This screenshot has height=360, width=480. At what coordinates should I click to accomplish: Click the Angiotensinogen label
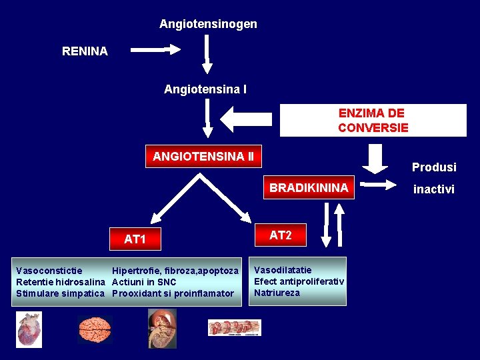pyautogui.click(x=208, y=24)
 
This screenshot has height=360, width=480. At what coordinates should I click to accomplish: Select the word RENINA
pyautogui.click(x=85, y=51)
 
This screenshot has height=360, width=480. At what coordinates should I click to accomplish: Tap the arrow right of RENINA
pyautogui.click(x=155, y=49)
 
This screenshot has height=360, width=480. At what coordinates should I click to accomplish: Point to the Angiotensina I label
pyautogui.click(x=205, y=89)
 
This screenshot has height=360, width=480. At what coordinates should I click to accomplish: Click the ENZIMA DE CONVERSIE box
pyautogui.click(x=373, y=120)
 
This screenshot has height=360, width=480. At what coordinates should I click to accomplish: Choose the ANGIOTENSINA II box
pyautogui.click(x=203, y=157)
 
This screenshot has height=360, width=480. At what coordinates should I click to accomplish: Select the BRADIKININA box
pyautogui.click(x=309, y=188)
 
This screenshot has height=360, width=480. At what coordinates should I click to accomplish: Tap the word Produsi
pyautogui.click(x=434, y=167)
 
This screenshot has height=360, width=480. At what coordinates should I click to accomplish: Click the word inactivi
pyautogui.click(x=434, y=189)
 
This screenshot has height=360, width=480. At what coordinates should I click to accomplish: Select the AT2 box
pyautogui.click(x=281, y=235)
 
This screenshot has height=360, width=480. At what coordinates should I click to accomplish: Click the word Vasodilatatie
pyautogui.click(x=283, y=270)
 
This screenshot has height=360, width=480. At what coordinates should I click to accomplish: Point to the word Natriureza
pyautogui.click(x=277, y=293)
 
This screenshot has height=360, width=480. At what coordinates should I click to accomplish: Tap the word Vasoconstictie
pyautogui.click(x=49, y=271)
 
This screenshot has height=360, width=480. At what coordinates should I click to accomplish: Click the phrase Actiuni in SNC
pyautogui.click(x=144, y=282)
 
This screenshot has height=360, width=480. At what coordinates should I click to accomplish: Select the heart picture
pyautogui.click(x=29, y=329)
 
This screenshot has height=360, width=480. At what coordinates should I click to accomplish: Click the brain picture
pyautogui.click(x=94, y=328)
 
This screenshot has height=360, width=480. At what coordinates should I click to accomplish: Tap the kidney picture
pyautogui.click(x=162, y=328)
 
